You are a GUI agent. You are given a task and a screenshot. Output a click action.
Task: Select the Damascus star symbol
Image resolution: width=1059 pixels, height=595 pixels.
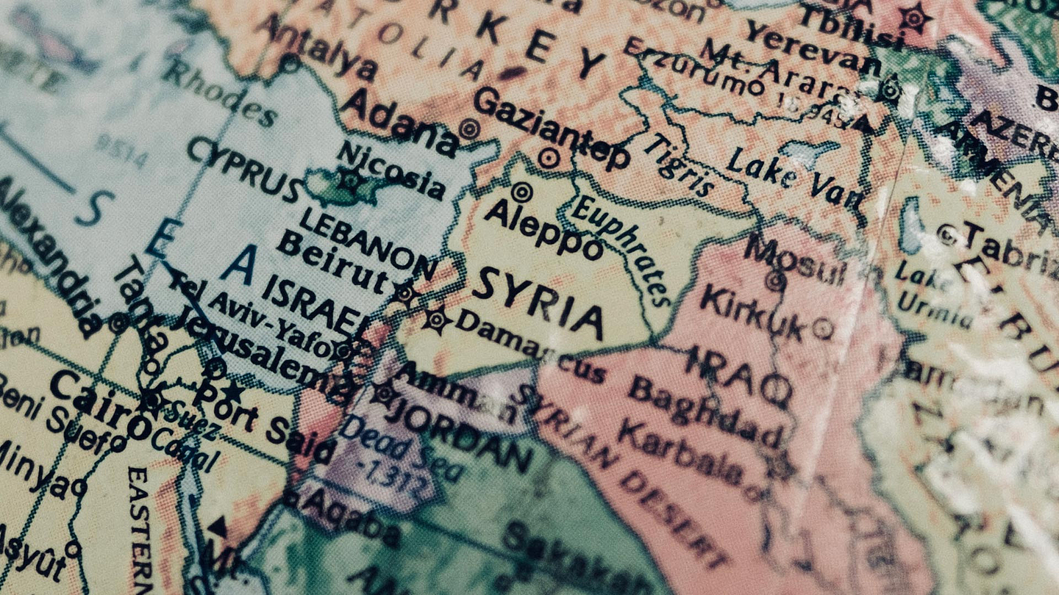(435, 320)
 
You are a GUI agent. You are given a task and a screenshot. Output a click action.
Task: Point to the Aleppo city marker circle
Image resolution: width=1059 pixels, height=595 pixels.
(521, 192)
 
